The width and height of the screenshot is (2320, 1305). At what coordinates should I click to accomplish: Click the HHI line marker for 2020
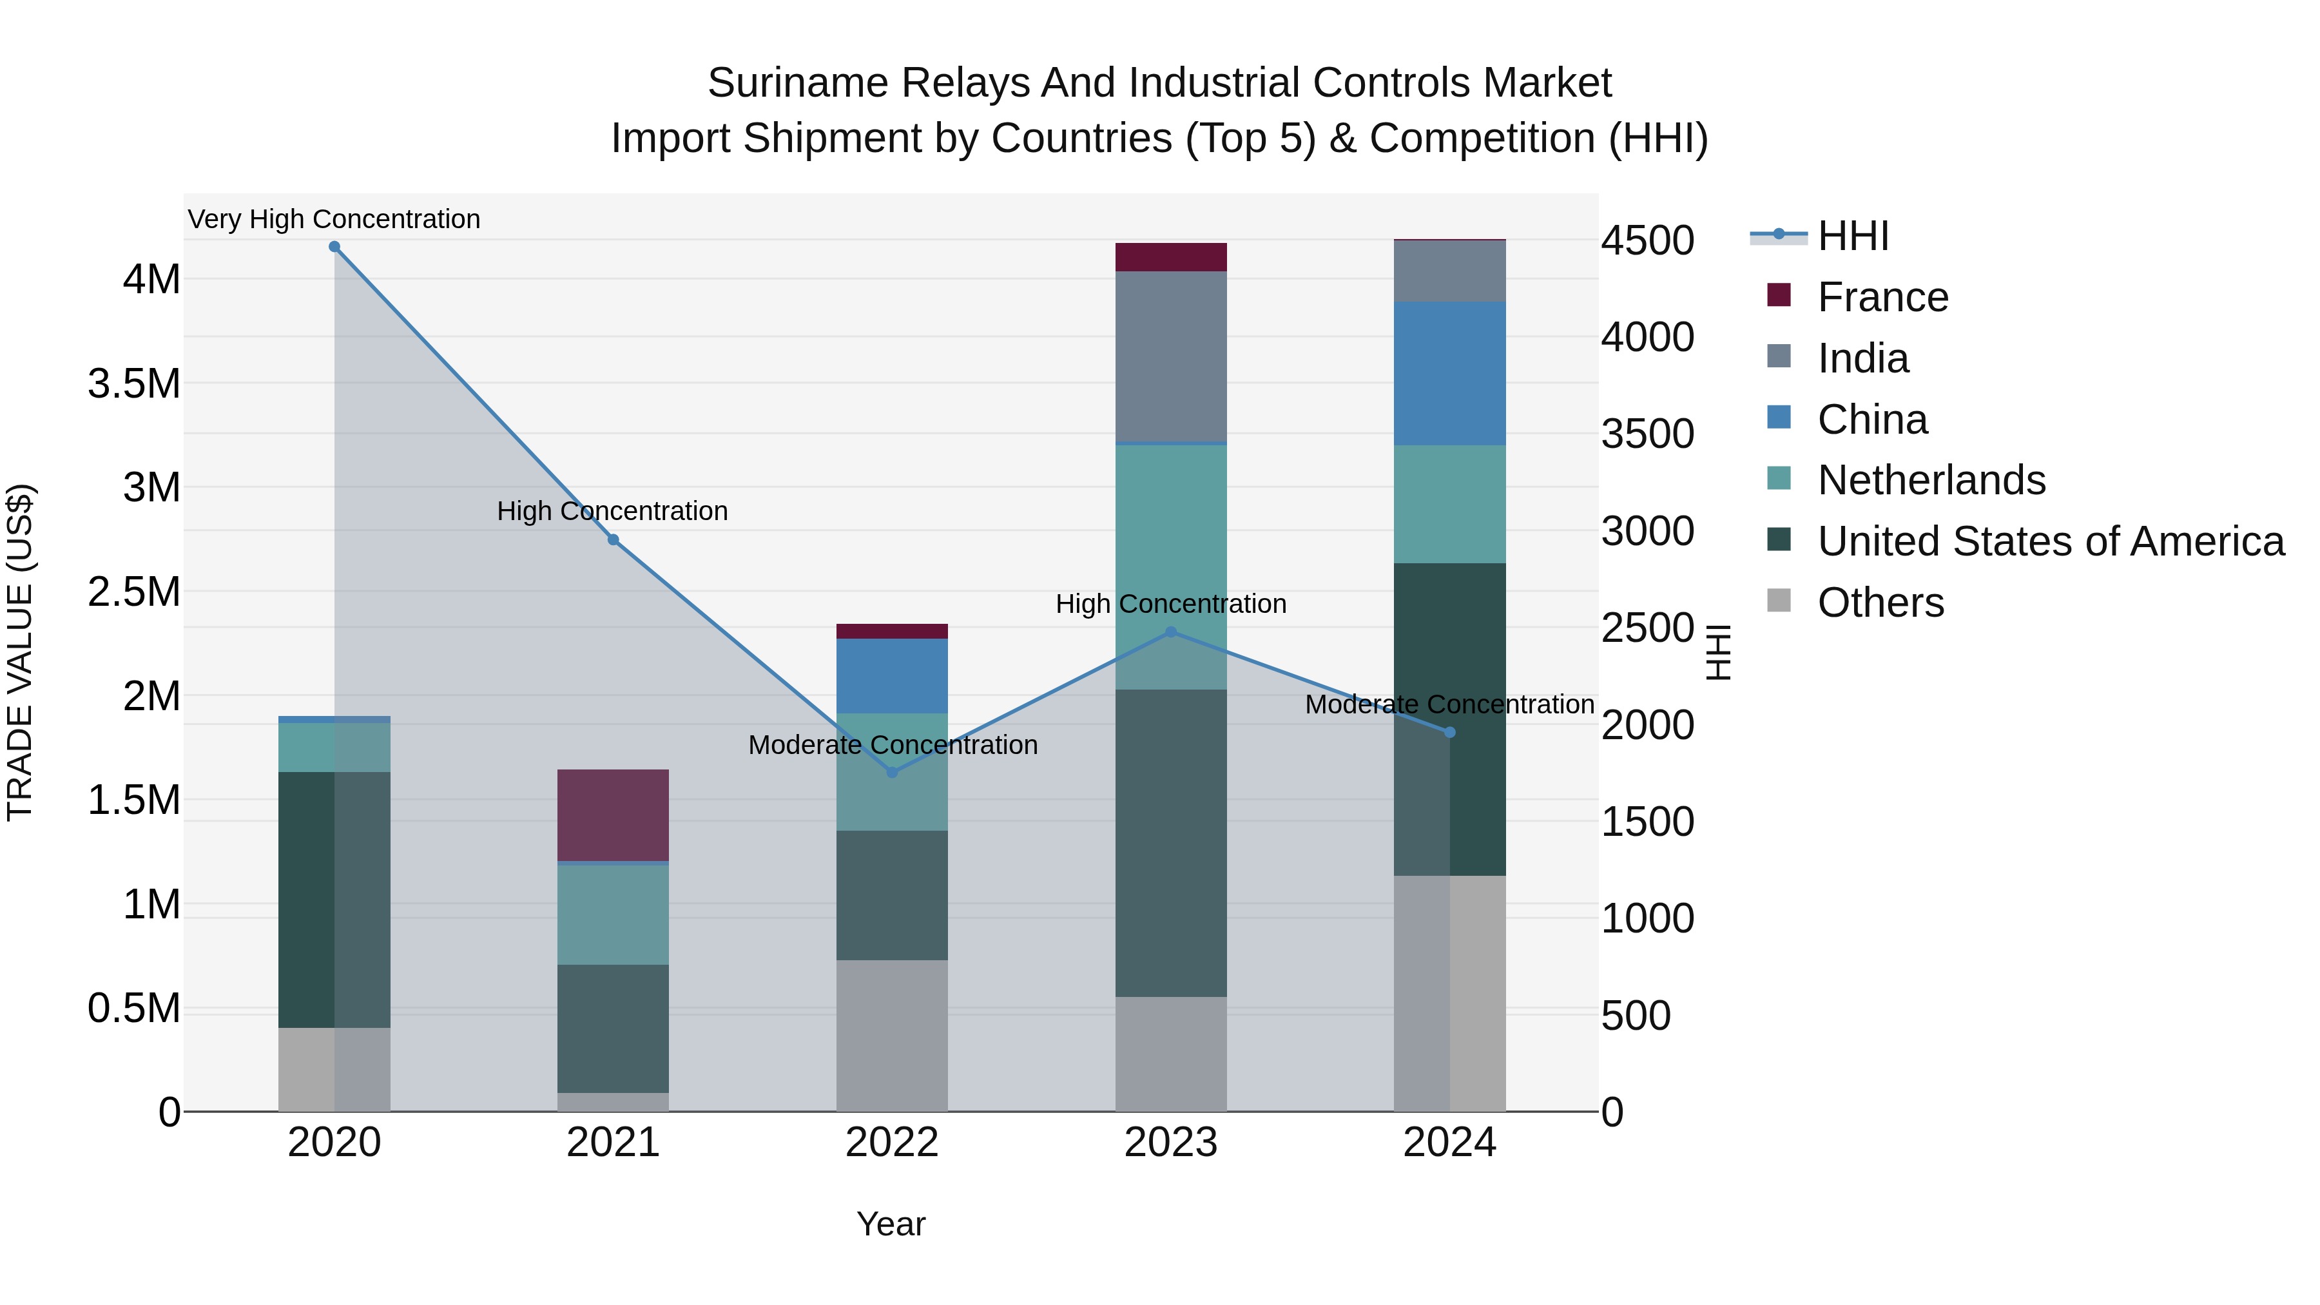pos(334,247)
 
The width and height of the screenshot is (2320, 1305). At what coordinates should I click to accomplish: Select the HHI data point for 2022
pos(892,772)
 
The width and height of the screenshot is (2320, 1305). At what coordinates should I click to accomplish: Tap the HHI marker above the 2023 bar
pos(1171,632)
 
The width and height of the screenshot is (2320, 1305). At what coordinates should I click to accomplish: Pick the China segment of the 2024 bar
pos(1449,373)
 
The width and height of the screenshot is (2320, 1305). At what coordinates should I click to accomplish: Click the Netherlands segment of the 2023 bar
pos(1171,541)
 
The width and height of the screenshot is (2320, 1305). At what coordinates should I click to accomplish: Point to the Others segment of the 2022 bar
pos(892,1035)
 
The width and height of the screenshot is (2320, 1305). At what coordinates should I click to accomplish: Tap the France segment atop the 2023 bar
pos(1171,256)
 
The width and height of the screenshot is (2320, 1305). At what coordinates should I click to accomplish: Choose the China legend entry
pos(1871,420)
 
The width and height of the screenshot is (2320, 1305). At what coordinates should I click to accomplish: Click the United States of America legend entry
pos(2050,541)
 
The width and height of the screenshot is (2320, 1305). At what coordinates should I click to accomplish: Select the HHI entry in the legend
pos(1851,236)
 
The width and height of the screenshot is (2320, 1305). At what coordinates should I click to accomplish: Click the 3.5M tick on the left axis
pos(134,383)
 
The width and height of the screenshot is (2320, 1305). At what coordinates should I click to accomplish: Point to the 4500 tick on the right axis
pos(1647,240)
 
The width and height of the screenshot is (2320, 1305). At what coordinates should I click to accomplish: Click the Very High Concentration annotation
pos(334,219)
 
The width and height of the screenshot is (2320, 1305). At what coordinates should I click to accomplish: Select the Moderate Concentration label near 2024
pos(1449,704)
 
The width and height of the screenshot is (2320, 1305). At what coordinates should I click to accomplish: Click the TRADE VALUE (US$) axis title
pos(20,652)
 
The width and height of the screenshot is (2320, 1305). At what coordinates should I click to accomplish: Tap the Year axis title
pos(891,1224)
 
